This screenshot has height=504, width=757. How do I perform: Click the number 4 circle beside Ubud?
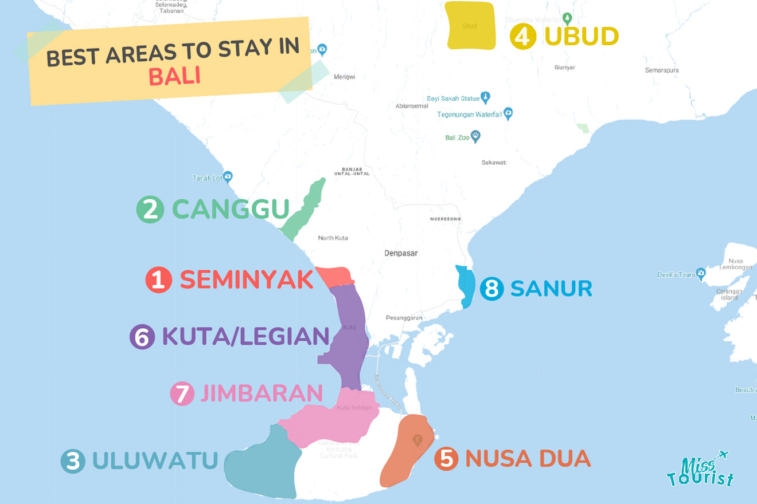(523, 37)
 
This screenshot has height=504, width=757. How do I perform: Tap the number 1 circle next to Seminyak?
(158, 281)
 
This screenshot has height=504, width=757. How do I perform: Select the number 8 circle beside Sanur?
(491, 289)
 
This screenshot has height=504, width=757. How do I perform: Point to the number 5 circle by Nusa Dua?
(446, 459)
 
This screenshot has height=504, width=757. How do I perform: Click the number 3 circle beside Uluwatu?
(73, 462)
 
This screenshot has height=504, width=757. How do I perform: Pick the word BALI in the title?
(174, 76)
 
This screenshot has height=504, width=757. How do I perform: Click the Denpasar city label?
(401, 253)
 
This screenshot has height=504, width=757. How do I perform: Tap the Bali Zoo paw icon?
(475, 137)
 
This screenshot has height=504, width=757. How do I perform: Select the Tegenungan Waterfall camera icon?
(508, 113)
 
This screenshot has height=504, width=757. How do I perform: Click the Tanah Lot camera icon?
(228, 176)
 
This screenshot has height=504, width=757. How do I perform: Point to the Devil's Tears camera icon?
(700, 273)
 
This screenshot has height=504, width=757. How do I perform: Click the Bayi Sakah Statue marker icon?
(485, 96)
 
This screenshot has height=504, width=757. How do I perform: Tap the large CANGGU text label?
(231, 210)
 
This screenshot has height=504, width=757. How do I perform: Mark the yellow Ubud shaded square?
(470, 26)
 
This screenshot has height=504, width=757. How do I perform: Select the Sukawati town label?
(494, 163)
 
